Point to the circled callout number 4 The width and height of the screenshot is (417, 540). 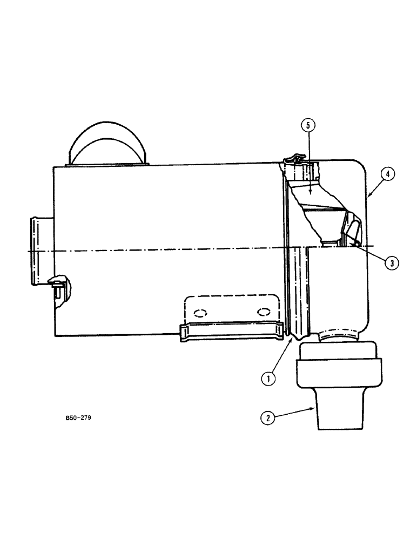point(389,174)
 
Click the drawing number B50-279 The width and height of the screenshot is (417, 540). point(76,417)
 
